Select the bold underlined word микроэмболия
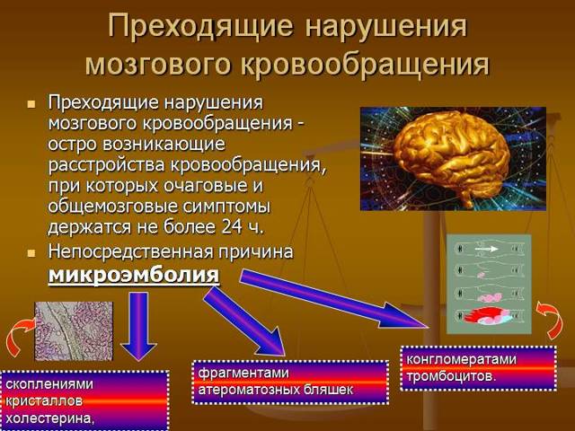[133, 273]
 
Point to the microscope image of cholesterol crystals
[74, 330]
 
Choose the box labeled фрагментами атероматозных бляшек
[278, 382]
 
